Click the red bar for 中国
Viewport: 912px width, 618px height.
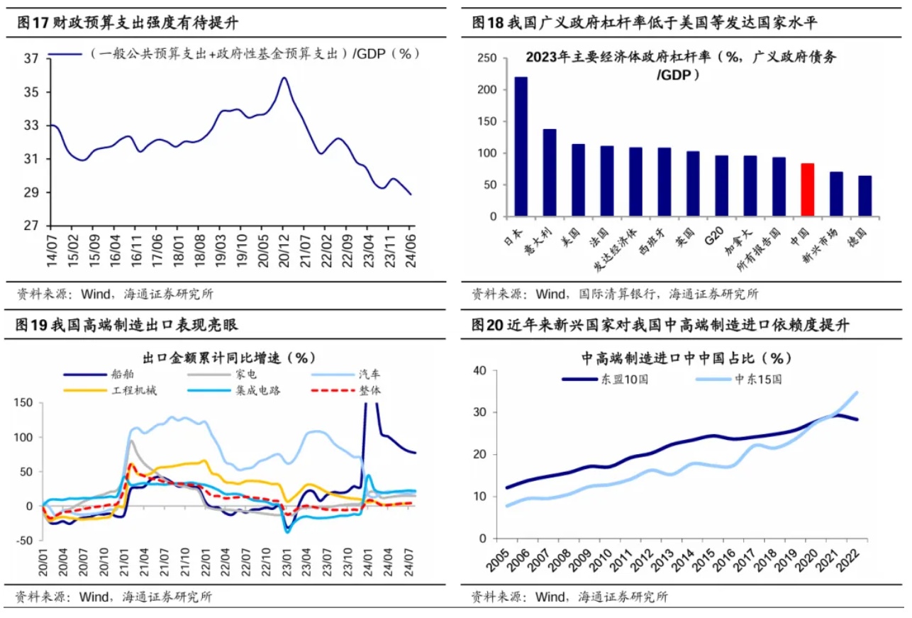(x=807, y=189)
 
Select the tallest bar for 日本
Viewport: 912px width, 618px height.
(x=521, y=146)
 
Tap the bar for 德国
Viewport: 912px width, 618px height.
(x=864, y=196)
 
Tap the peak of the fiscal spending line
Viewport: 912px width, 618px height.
(x=284, y=78)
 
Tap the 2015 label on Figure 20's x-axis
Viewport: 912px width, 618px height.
(x=704, y=564)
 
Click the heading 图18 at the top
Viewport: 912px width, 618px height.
(x=488, y=23)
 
